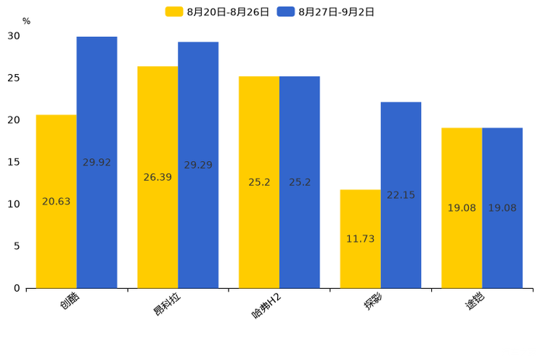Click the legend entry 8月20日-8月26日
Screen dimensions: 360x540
click(x=218, y=12)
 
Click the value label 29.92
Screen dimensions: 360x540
click(x=97, y=163)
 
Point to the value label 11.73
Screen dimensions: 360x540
click(x=360, y=239)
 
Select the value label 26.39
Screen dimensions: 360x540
click(x=157, y=177)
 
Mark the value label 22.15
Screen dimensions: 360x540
click(x=401, y=195)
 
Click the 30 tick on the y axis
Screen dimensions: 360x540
click(x=15, y=36)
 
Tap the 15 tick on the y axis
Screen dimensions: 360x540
click(x=15, y=162)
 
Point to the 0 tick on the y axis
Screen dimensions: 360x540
click(x=17, y=288)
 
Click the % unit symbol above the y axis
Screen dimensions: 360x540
click(x=26, y=22)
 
